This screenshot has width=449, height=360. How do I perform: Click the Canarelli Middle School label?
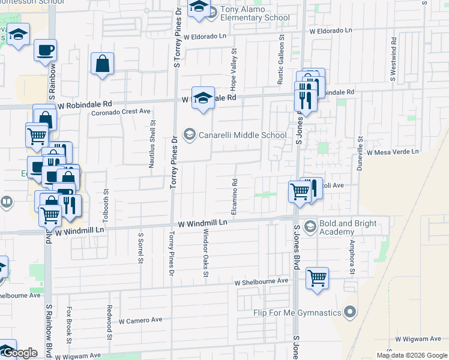click(x=243, y=135)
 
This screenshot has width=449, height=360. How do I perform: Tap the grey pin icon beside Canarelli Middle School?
click(x=190, y=134)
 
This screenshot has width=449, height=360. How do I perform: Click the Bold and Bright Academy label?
click(x=348, y=227)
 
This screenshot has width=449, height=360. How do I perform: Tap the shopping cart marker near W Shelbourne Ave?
click(x=316, y=278)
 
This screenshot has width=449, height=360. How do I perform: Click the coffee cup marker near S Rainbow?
click(x=45, y=50)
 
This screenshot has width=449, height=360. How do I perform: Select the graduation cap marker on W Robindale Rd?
click(x=203, y=98)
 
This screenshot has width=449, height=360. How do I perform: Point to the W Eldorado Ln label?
click(x=331, y=30)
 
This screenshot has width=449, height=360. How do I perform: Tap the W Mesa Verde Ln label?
click(x=393, y=152)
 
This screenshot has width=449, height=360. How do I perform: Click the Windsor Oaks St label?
click(x=205, y=252)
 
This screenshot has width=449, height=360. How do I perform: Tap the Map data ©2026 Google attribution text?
click(x=411, y=355)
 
